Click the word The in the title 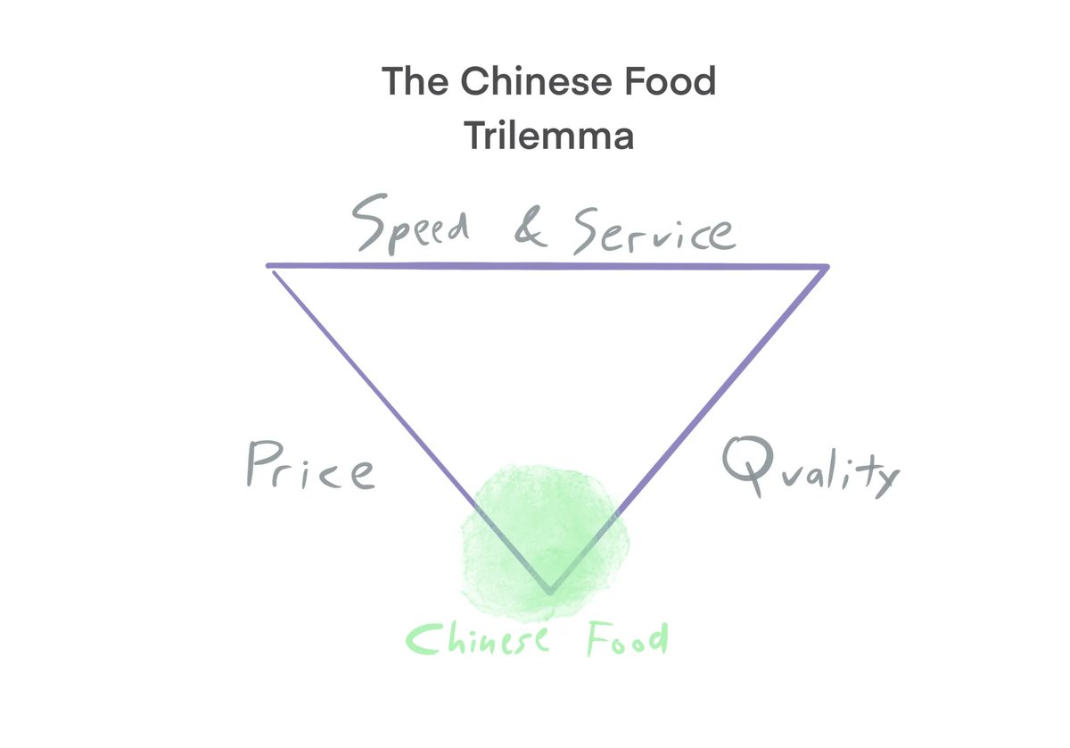413,82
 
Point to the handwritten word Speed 410,230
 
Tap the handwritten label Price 309,467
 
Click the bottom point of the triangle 549,592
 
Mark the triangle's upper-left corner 270,266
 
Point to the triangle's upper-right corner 827,266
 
